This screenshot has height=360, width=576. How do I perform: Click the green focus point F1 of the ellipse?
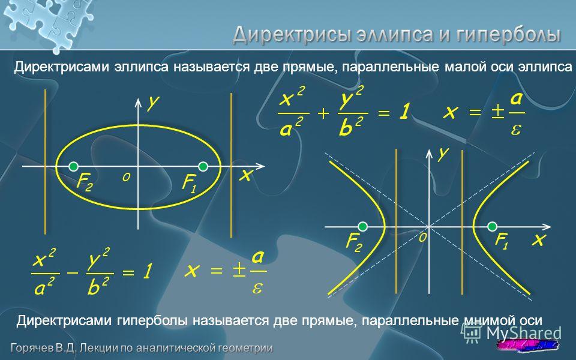click(x=203, y=166)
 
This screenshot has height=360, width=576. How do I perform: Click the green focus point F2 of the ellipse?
click(x=73, y=166)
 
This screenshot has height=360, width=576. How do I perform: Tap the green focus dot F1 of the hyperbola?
click(x=492, y=227)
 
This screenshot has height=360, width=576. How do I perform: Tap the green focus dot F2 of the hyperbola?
click(x=362, y=227)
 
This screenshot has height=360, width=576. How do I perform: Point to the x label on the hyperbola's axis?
click(x=539, y=239)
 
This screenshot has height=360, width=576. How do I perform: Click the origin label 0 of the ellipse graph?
click(x=126, y=178)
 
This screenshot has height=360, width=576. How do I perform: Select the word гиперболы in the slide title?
click(x=508, y=35)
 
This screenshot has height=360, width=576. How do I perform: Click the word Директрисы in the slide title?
click(x=291, y=35)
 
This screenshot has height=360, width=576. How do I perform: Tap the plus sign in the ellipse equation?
click(x=323, y=113)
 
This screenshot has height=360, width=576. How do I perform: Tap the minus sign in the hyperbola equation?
click(x=73, y=273)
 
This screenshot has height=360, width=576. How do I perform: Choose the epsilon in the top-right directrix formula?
click(x=516, y=130)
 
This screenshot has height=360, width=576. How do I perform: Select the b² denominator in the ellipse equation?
click(x=351, y=127)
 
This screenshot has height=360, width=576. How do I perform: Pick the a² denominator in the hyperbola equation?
click(x=44, y=286)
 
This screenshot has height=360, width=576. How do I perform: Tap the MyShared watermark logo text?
click(x=524, y=333)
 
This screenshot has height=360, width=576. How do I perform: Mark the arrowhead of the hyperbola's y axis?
click(x=429, y=153)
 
